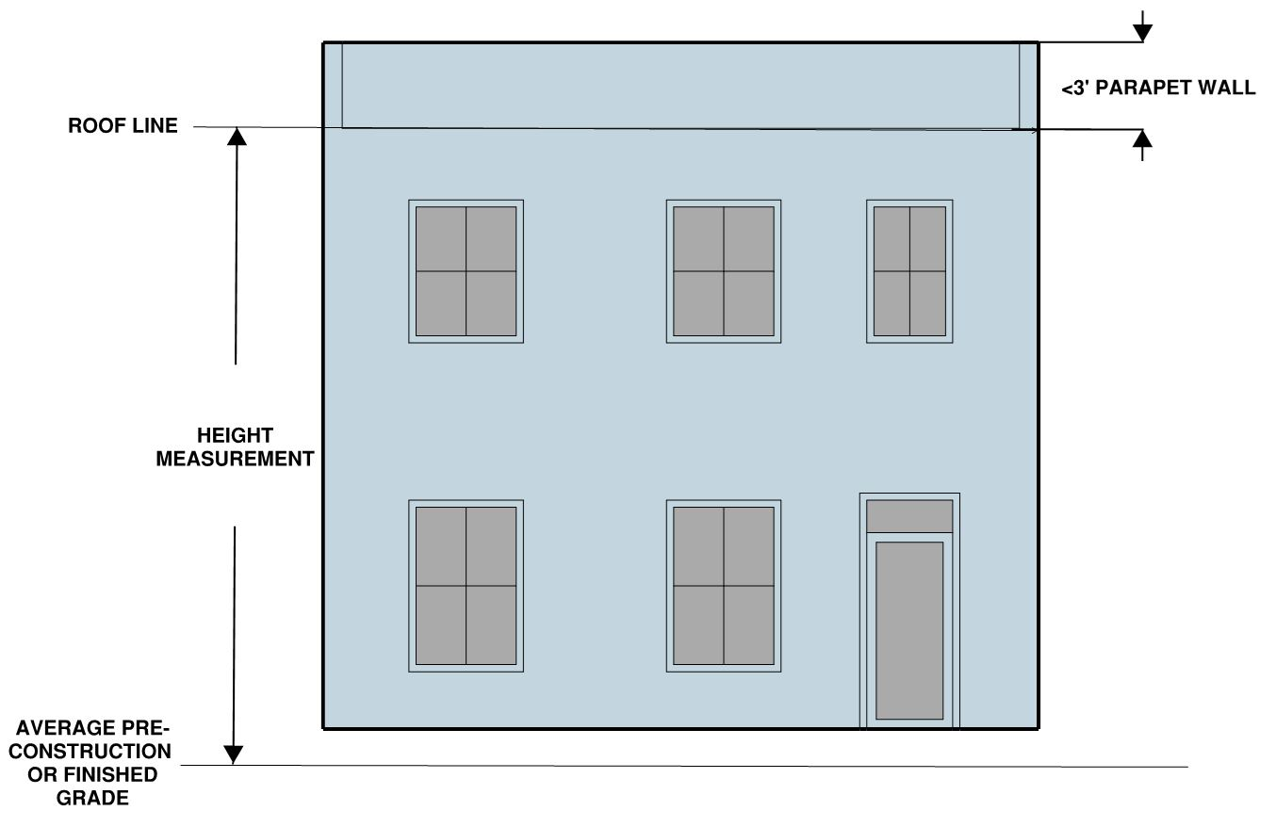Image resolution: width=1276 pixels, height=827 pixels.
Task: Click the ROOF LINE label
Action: (123, 126)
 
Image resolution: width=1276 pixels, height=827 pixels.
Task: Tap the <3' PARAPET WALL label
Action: (1158, 89)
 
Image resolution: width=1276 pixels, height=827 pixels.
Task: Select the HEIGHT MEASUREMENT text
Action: (235, 447)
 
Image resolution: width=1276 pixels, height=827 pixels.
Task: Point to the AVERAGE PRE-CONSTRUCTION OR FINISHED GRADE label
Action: (93, 762)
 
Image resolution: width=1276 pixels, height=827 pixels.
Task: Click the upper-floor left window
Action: (466, 271)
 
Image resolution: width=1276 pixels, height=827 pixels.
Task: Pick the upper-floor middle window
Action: (724, 271)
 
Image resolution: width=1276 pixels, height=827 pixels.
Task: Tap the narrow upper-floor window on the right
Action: (909, 271)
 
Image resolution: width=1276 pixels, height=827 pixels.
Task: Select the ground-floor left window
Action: (466, 586)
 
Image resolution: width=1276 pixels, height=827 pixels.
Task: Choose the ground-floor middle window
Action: (724, 586)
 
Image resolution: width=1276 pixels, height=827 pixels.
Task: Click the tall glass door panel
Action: (909, 630)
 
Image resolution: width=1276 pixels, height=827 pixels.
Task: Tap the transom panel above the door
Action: (909, 515)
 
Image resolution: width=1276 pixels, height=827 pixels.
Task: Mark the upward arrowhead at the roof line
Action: (237, 136)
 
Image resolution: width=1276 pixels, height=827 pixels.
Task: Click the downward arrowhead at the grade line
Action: (234, 754)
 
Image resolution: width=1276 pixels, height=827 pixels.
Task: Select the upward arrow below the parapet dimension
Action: (1142, 140)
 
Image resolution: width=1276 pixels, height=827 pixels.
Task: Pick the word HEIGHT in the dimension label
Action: (235, 436)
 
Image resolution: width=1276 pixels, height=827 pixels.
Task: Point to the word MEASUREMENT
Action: (235, 460)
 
